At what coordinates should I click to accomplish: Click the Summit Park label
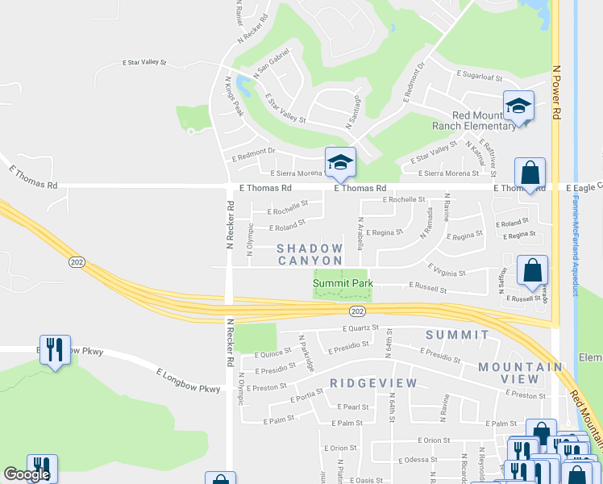(x=343, y=283)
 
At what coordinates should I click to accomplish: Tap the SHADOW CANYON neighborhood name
(x=310, y=254)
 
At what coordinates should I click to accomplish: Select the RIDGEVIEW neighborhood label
(x=373, y=382)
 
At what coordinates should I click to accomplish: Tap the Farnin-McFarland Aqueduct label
(x=574, y=250)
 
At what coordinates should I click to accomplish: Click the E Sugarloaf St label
(x=479, y=73)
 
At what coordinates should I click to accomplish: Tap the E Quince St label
(x=272, y=353)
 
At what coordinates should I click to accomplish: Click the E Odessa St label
(x=417, y=460)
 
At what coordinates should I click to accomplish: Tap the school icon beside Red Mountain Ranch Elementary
(x=518, y=106)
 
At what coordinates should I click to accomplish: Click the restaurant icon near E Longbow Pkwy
(x=55, y=349)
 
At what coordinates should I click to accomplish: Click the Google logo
(x=26, y=474)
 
